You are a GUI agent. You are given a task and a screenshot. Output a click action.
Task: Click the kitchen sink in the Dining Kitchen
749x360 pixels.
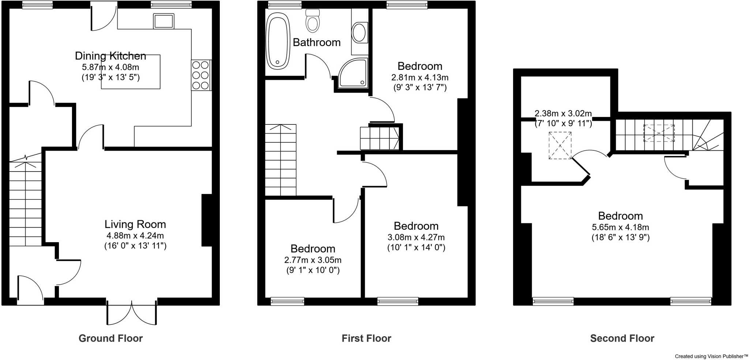(x=163, y=21)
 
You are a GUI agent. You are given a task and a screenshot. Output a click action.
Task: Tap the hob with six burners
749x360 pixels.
(x=201, y=75)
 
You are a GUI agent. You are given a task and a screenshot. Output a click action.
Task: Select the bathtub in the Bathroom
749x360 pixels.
(x=278, y=41)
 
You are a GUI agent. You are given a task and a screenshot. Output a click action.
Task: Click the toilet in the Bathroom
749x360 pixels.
(x=312, y=21)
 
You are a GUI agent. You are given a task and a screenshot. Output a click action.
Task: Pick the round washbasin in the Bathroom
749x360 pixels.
(x=359, y=33)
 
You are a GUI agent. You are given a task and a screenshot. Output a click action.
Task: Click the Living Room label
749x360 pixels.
(x=135, y=224)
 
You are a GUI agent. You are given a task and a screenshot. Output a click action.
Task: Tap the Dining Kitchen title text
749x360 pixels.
(x=110, y=56)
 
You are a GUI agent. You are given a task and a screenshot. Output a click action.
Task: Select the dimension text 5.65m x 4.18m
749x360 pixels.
(x=620, y=227)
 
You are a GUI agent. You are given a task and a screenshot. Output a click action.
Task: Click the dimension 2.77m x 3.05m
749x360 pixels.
(x=313, y=260)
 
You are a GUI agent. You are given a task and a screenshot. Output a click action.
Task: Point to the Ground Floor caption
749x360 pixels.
(x=110, y=338)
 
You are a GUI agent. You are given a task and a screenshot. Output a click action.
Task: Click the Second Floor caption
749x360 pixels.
(x=622, y=338)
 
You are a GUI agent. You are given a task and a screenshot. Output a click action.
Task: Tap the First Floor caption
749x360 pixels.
(x=366, y=338)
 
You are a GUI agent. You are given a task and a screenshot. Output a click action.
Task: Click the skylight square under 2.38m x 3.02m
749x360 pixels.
(x=560, y=145)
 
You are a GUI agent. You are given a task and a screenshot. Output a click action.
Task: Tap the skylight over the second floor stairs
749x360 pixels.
(x=659, y=133)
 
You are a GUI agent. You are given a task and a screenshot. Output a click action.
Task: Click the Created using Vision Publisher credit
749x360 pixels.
(x=711, y=356)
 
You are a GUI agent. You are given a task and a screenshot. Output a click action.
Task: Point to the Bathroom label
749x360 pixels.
(x=316, y=42)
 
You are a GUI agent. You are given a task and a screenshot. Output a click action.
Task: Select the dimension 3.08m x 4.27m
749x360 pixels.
(x=416, y=237)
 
